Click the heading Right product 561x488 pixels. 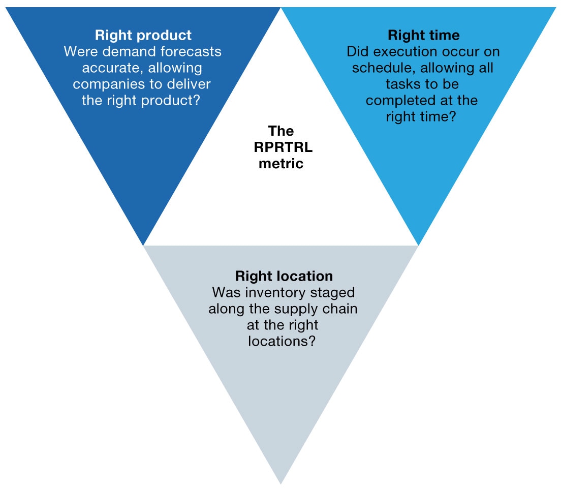pos(143,36)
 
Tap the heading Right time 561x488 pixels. pos(423,35)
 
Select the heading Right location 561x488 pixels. pos(284,276)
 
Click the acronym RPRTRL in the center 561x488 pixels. pos(281,147)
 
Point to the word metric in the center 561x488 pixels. pos(281,164)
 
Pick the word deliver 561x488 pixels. pos(191,84)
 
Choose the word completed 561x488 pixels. pos(401,100)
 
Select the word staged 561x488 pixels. pos(334,293)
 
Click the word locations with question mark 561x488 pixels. pos(282,341)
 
